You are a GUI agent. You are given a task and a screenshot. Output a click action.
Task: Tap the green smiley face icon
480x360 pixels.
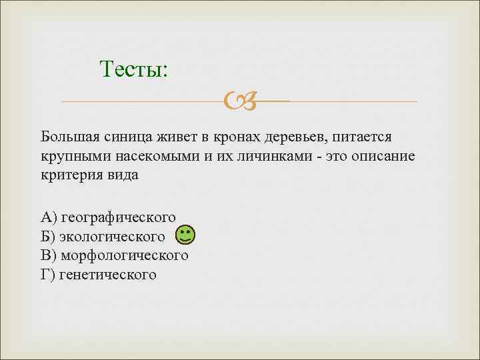pyautogui.click(x=185, y=235)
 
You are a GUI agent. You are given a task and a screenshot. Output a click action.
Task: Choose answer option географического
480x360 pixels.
pyautogui.click(x=117, y=217)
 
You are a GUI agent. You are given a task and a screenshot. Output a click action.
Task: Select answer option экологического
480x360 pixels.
pyautogui.click(x=112, y=236)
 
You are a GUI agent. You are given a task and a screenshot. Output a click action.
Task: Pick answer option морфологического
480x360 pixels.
pyautogui.click(x=124, y=255)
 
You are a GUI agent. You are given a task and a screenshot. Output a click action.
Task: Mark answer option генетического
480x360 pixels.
pyautogui.click(x=107, y=274)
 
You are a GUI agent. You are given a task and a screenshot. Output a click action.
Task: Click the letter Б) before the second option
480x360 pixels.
pyautogui.click(x=48, y=236)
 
